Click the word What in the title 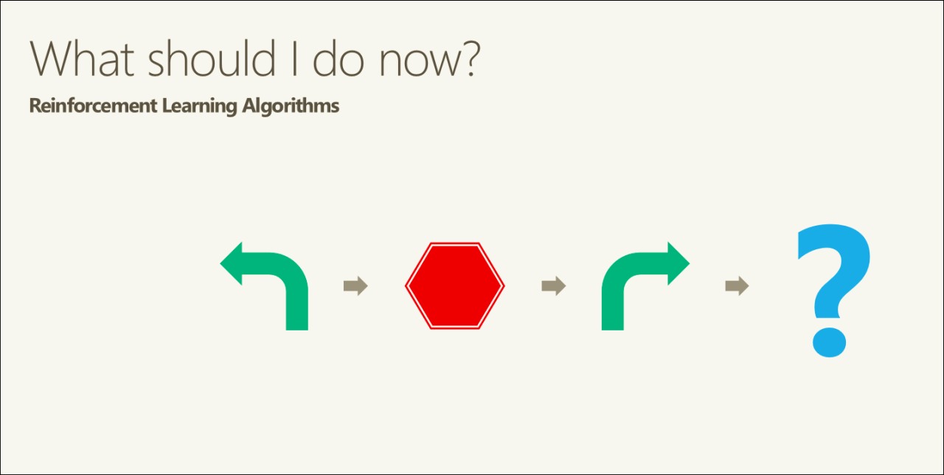pos(82,58)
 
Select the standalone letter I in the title pos(294,58)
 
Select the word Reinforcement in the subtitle pos(93,105)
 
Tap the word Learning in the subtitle pos(199,107)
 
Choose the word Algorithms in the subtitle pos(291,107)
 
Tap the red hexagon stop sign pos(455,285)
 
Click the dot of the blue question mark pos(830,342)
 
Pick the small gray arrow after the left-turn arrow pos(355,285)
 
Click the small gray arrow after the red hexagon pos(553,285)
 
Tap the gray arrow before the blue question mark pos(737,285)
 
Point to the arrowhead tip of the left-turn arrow pos(221,263)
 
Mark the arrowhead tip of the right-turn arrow pos(690,263)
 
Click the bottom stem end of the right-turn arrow pos(612,330)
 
